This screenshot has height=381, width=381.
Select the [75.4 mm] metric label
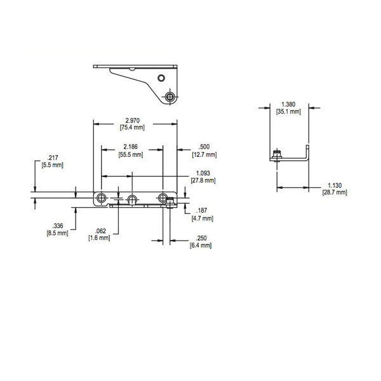pyautogui.click(x=131, y=128)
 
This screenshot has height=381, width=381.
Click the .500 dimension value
pyautogui.click(x=204, y=147)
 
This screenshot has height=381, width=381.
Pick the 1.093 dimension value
pyautogui.click(x=203, y=173)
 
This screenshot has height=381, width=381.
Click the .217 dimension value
pyautogui.click(x=52, y=157)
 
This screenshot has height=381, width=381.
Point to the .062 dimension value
pyautogui.click(x=99, y=231)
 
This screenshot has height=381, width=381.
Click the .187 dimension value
pyautogui.click(x=201, y=211)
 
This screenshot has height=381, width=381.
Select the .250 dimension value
pyautogui.click(x=200, y=238)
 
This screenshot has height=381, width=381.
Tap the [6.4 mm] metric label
pyautogui.click(x=200, y=245)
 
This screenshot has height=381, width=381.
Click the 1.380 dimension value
pyautogui.click(x=287, y=104)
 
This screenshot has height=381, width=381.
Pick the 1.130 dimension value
pyautogui.click(x=335, y=185)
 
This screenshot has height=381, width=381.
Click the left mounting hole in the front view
pyautogui.click(x=101, y=198)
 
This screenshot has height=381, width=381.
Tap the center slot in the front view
pyautogui.click(x=131, y=200)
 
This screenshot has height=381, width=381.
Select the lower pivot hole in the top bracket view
pyautogui.click(x=170, y=97)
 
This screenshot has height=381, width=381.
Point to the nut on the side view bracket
pyautogui.click(x=276, y=154)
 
